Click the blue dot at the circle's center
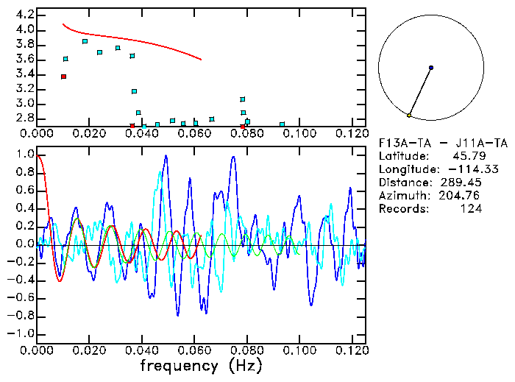click(x=431, y=68)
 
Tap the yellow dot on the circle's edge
click(x=409, y=116)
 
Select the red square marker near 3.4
click(x=64, y=77)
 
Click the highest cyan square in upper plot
click(x=85, y=42)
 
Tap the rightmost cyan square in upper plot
click(x=283, y=124)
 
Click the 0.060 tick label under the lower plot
click(x=195, y=351)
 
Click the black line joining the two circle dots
click(x=420, y=92)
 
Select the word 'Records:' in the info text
click(x=402, y=209)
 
